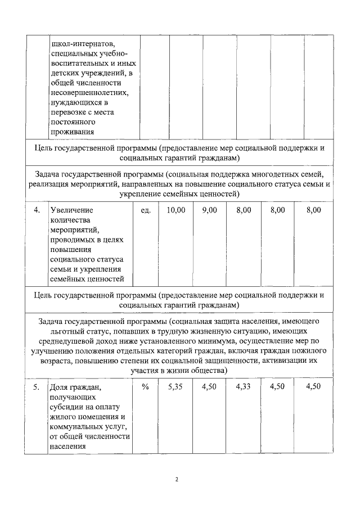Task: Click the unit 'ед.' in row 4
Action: pos(145,210)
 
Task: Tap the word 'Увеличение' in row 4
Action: pos(71,210)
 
